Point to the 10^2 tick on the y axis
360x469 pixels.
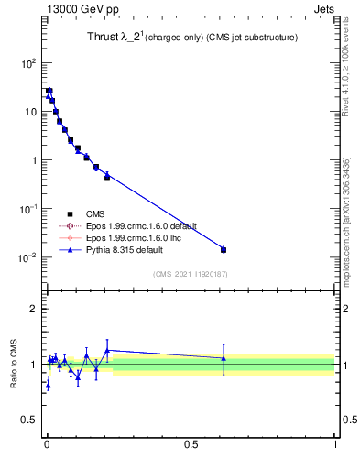coord(27,63)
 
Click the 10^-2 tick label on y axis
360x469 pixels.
coord(27,257)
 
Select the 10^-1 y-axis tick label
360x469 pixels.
coord(27,209)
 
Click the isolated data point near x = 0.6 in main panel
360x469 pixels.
coord(224,249)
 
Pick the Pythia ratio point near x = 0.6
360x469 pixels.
coord(224,358)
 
